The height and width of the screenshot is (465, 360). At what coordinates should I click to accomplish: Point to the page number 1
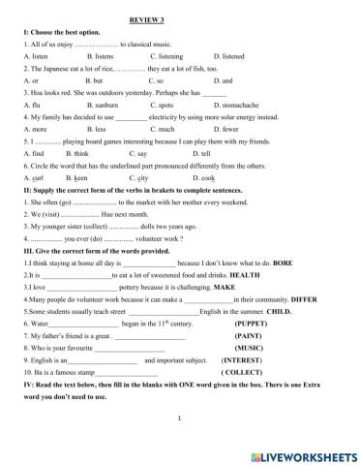pos(180,418)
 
